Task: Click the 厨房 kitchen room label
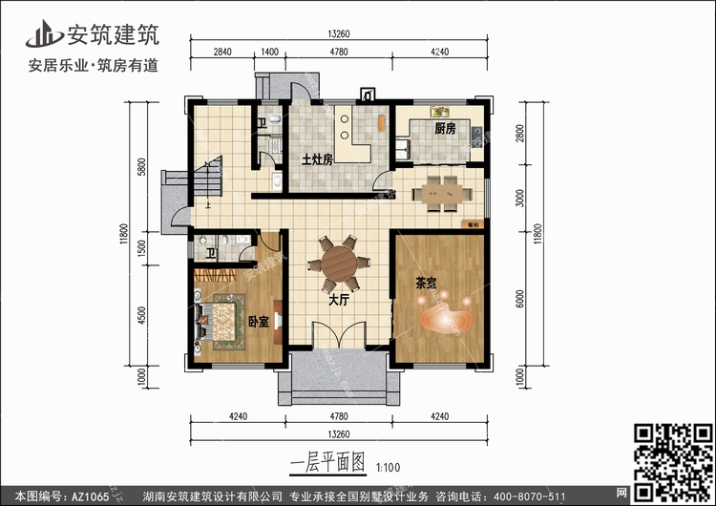point(444,128)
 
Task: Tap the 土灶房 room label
point(317,159)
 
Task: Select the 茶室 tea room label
point(426,284)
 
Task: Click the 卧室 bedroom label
point(257,322)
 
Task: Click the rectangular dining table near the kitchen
point(440,194)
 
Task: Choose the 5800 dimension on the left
point(141,167)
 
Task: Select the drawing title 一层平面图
point(326,465)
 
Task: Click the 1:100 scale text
point(388,468)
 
